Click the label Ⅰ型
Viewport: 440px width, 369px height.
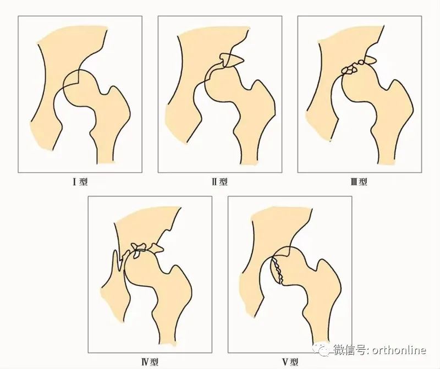pyautogui.click(x=80, y=182)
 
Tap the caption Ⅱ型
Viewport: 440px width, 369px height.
pyautogui.click(x=219, y=182)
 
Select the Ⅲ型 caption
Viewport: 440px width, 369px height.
pyautogui.click(x=359, y=182)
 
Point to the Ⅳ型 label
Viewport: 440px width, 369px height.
pyautogui.click(x=150, y=362)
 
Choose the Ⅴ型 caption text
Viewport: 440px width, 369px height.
pyautogui.click(x=290, y=362)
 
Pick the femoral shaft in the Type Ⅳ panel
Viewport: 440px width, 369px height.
pyautogui.click(x=168, y=328)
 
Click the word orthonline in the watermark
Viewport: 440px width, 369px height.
pyautogui.click(x=399, y=350)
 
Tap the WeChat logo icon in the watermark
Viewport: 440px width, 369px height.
pyautogui.click(x=322, y=349)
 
